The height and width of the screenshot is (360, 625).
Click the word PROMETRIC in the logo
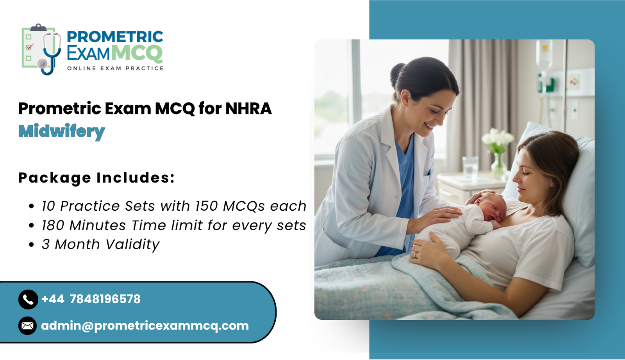115,37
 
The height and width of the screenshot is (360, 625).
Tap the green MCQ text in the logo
137,53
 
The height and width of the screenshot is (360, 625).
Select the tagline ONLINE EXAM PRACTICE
115,68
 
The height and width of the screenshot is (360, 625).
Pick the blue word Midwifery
62,131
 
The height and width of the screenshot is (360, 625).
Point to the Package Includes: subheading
96,178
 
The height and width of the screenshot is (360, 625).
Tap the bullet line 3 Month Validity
100,244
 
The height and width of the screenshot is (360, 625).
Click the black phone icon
28,299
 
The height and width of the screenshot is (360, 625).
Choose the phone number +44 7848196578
91,299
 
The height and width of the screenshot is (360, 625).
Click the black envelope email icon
27,326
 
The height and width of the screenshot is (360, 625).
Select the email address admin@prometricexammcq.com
145,326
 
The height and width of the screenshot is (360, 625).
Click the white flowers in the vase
497,138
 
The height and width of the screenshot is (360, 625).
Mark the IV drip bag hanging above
544,55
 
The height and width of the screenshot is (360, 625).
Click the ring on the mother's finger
415,254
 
